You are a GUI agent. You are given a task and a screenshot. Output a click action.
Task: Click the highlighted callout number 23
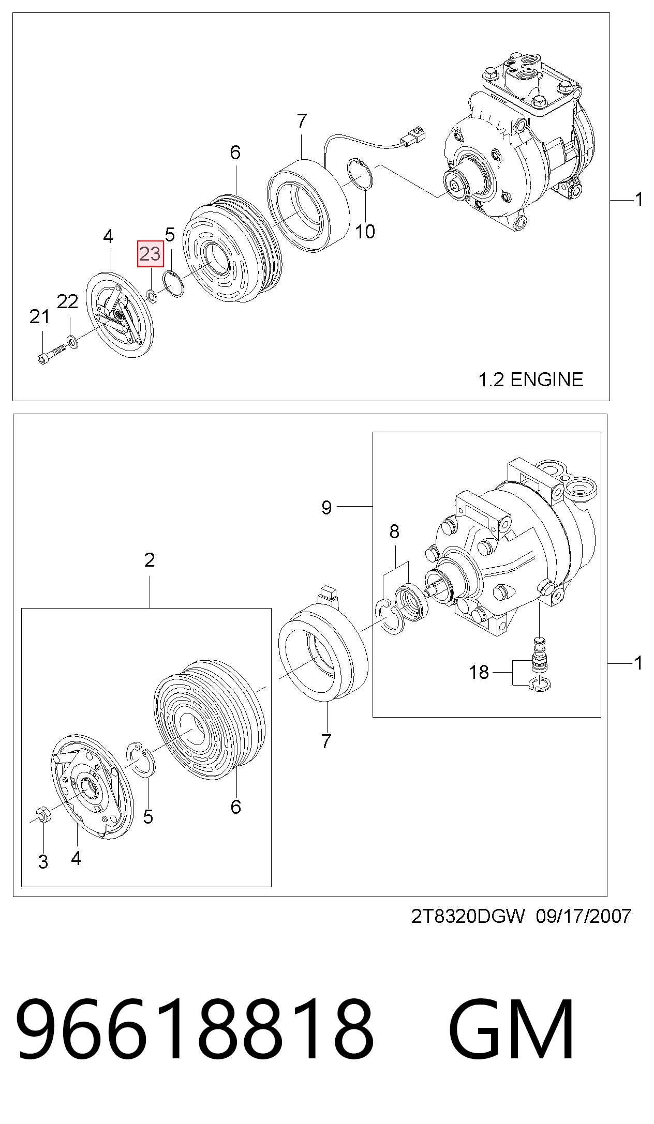tap(150, 254)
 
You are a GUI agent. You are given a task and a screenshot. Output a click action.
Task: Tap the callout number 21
tap(40, 316)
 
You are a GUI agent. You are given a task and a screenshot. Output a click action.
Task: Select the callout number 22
tap(67, 301)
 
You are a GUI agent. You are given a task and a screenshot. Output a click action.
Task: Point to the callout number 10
tap(365, 232)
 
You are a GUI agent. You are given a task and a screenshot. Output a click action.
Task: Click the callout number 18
tap(479, 672)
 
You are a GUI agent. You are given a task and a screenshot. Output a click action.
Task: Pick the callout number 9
tap(326, 507)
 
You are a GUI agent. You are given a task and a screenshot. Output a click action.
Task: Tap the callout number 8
tap(394, 531)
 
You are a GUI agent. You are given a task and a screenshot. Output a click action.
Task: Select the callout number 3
tap(43, 861)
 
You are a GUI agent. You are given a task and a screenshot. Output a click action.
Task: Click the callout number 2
tap(150, 560)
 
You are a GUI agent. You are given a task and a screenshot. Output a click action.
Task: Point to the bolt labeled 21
tap(52, 354)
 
